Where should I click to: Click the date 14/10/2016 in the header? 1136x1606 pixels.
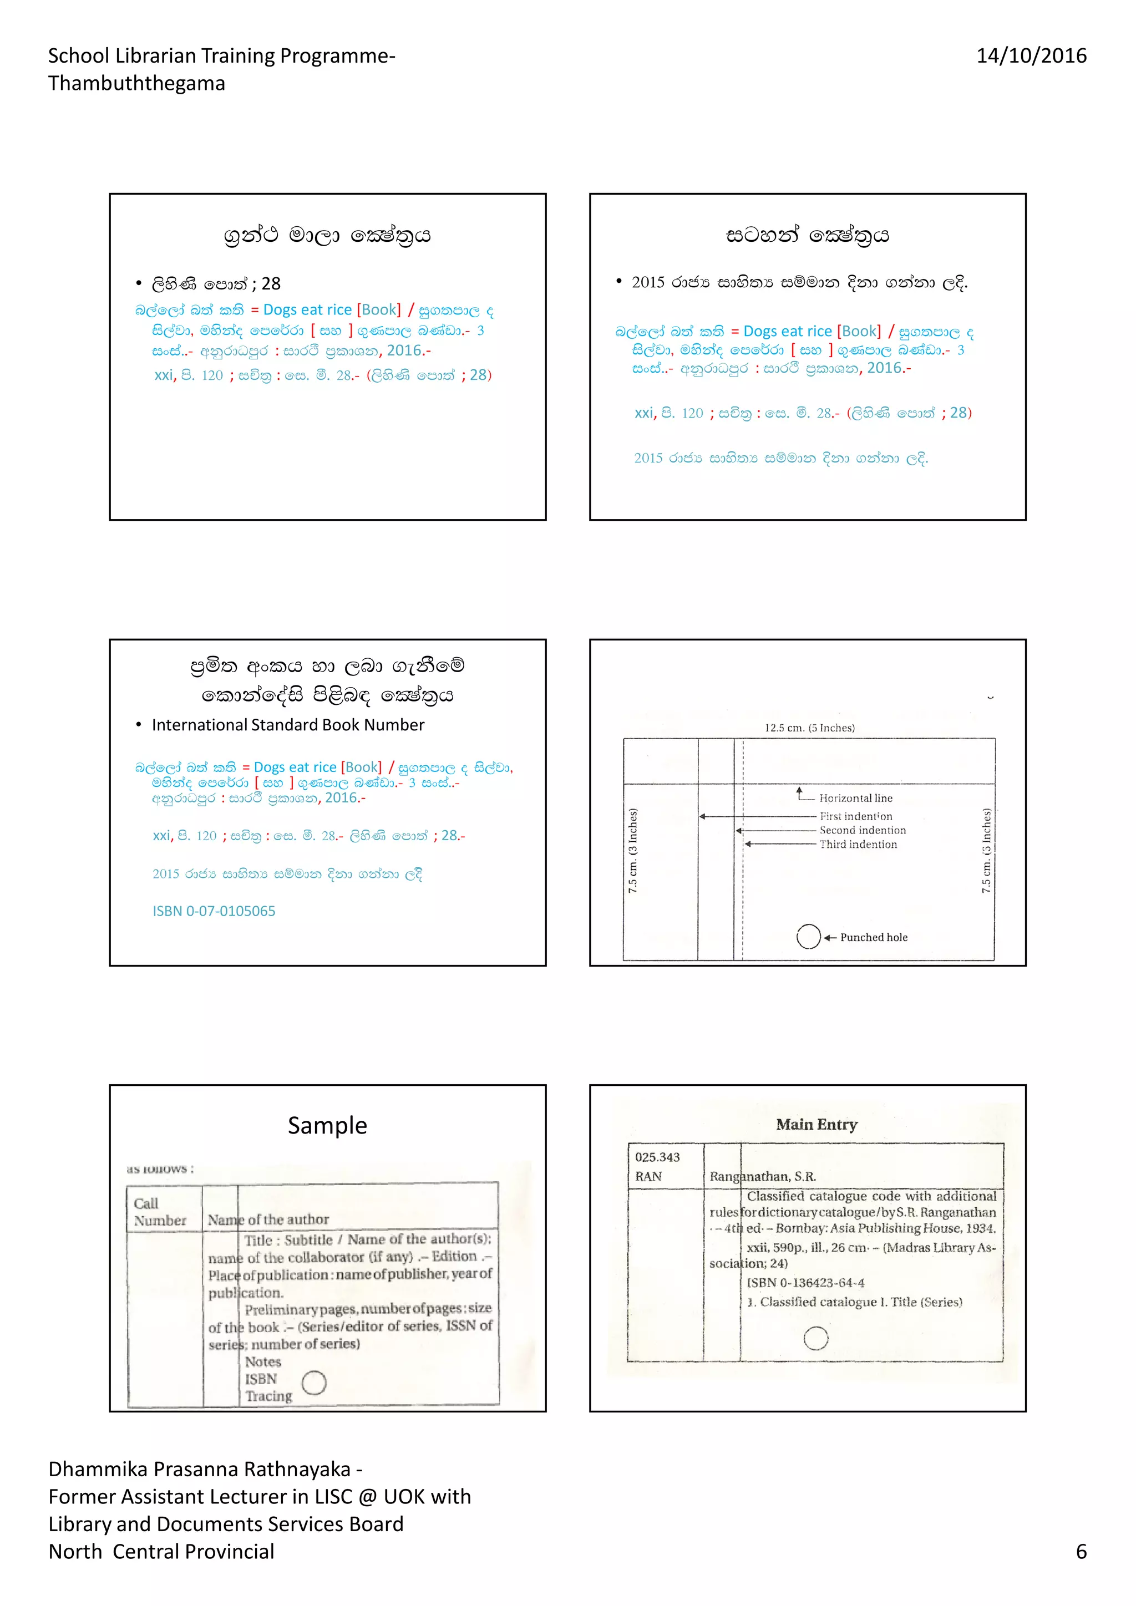pyautogui.click(x=1031, y=56)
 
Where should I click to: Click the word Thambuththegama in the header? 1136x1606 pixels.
pyautogui.click(x=136, y=83)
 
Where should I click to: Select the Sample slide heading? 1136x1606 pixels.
pyautogui.click(x=327, y=1125)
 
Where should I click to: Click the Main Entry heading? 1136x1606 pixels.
pyautogui.click(x=816, y=1124)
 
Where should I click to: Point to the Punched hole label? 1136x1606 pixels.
pyautogui.click(x=874, y=937)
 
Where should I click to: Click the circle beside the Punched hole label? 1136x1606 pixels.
pyautogui.click(x=808, y=937)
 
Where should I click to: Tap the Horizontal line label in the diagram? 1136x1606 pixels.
pyautogui.click(x=855, y=798)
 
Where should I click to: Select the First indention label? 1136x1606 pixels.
pyautogui.click(x=855, y=816)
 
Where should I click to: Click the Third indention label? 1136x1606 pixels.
pyautogui.click(x=858, y=844)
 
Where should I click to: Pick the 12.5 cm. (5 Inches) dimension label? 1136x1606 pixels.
pyautogui.click(x=809, y=728)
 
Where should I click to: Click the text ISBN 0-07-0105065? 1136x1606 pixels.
pyautogui.click(x=214, y=911)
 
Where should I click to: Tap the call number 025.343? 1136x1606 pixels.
pyautogui.click(x=657, y=1157)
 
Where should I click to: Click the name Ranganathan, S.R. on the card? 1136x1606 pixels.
pyautogui.click(x=763, y=1177)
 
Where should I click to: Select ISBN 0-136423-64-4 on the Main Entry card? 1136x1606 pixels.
pyautogui.click(x=805, y=1282)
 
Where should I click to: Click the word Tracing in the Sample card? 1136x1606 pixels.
pyautogui.click(x=268, y=1396)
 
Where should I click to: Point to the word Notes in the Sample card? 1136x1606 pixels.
pyautogui.click(x=263, y=1362)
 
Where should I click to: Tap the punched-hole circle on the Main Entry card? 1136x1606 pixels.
pyautogui.click(x=815, y=1338)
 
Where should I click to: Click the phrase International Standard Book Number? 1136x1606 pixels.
pyautogui.click(x=287, y=725)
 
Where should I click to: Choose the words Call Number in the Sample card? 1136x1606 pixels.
pyautogui.click(x=160, y=1212)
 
